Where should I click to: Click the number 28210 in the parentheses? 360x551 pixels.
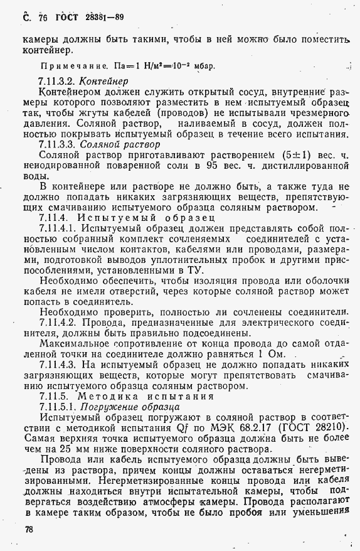(326, 429)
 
